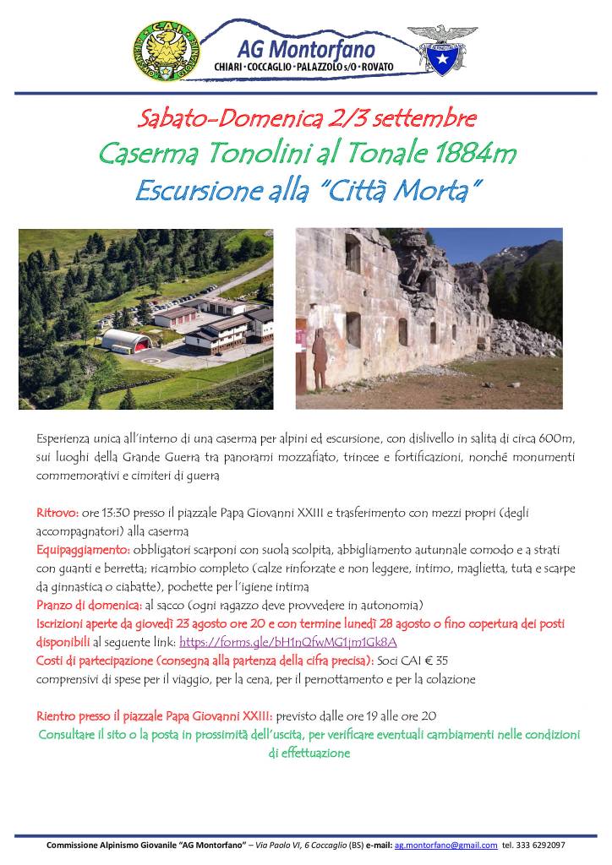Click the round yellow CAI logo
click(x=167, y=50)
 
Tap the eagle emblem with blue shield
click(x=442, y=49)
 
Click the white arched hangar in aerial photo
click(x=128, y=340)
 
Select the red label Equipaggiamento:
click(x=83, y=550)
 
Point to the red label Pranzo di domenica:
click(x=89, y=605)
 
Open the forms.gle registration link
click(x=287, y=642)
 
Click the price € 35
click(x=436, y=661)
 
